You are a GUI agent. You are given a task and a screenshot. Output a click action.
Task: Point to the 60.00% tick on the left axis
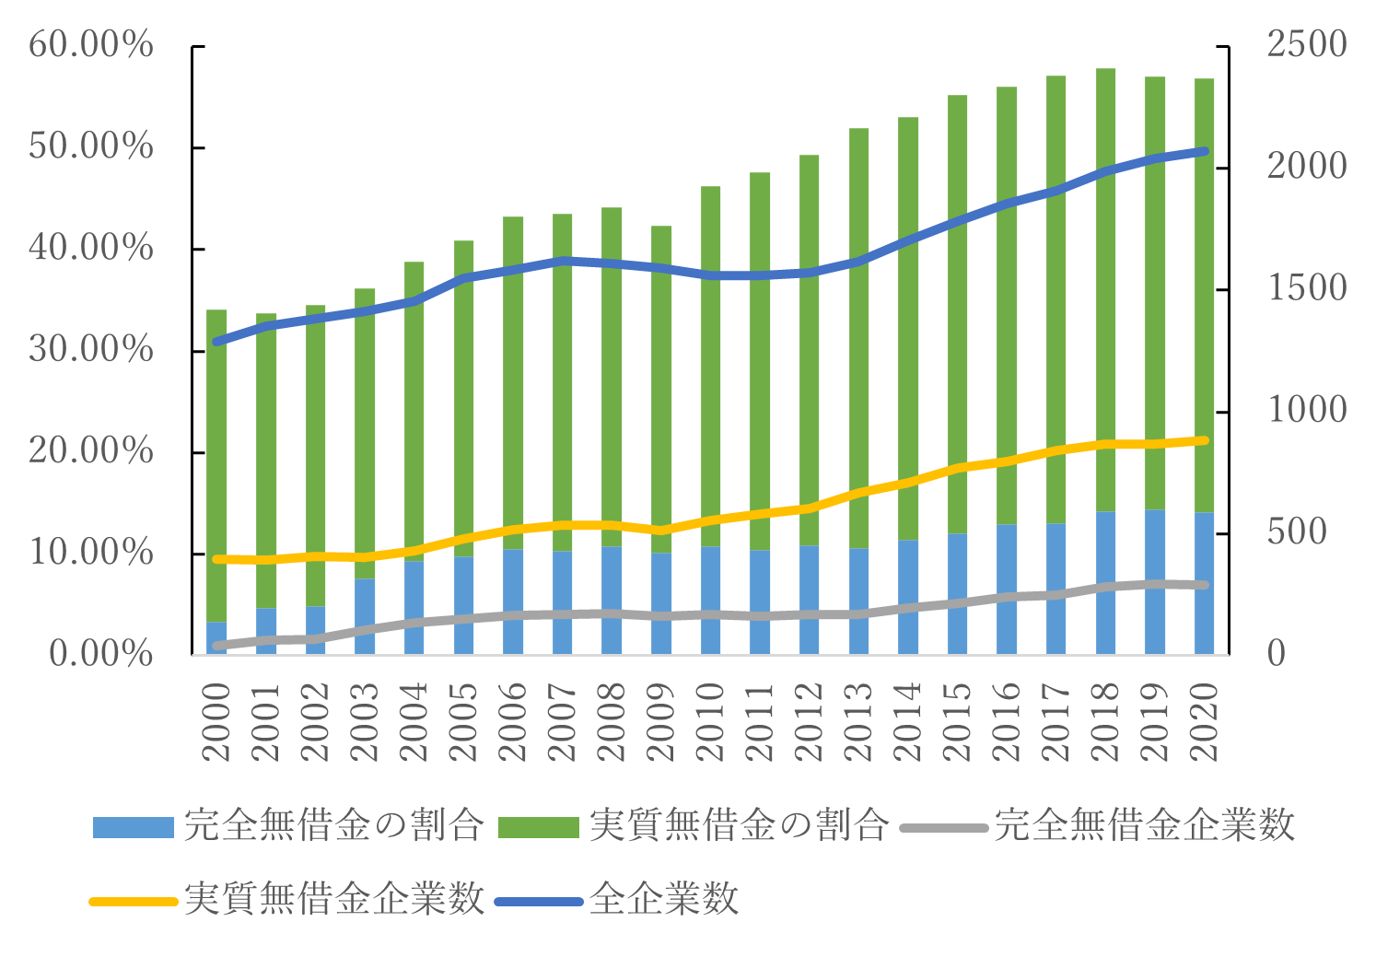click(91, 45)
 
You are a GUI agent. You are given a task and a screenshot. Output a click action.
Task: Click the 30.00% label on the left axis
click(91, 350)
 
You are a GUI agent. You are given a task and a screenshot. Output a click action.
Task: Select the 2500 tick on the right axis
click(1307, 45)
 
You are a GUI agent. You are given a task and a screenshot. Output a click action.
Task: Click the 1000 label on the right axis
click(1307, 411)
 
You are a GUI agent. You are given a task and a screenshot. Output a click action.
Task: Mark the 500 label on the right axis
click(1297, 532)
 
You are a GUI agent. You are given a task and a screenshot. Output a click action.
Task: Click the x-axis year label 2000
click(216, 722)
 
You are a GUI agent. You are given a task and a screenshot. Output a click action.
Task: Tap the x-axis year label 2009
click(661, 722)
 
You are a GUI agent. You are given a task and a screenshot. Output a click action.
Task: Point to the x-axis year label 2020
click(1204, 722)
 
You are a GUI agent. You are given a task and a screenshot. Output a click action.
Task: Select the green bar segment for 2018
click(1105, 276)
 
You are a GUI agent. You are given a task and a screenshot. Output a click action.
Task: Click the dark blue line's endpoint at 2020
click(1204, 151)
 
